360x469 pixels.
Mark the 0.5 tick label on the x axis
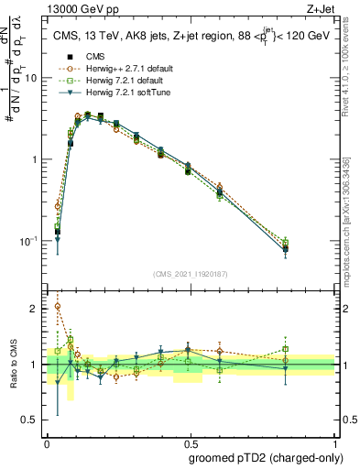(191, 442)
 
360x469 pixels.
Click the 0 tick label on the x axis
(47, 442)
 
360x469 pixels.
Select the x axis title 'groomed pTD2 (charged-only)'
(261, 457)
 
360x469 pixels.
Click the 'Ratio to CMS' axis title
(13, 364)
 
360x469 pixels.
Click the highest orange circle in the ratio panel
(58, 307)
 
